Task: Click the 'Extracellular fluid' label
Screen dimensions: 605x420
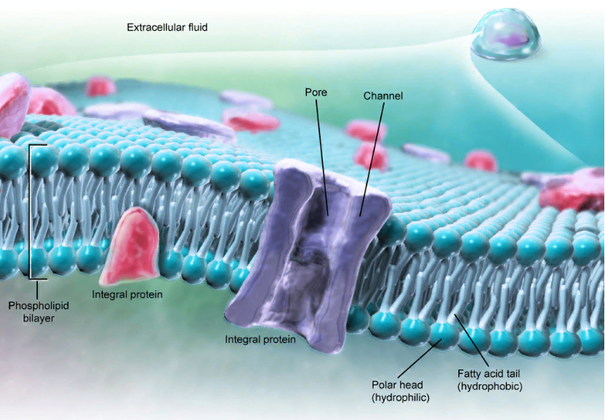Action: [x=168, y=28]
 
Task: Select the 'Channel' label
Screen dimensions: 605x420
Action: [x=383, y=96]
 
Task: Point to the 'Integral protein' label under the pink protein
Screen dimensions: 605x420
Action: [x=127, y=294]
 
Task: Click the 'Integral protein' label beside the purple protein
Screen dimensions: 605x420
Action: [x=260, y=339]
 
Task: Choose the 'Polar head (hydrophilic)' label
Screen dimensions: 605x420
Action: [x=398, y=391]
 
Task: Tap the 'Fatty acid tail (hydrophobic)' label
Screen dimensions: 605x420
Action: [x=490, y=380]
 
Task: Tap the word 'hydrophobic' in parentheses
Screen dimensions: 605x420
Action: [x=490, y=386]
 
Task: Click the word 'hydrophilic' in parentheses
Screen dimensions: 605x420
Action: [x=398, y=397]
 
